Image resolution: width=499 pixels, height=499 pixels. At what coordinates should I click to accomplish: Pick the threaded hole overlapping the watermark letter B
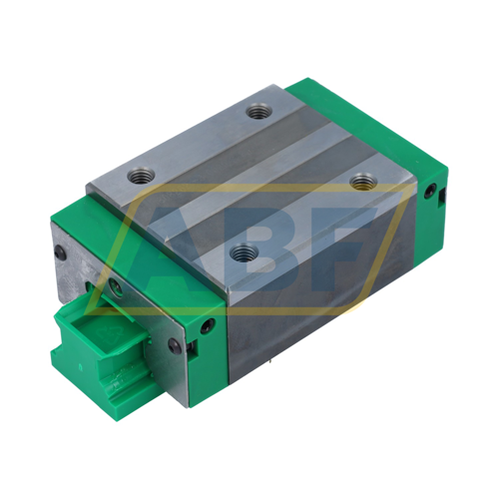coord(244,252)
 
